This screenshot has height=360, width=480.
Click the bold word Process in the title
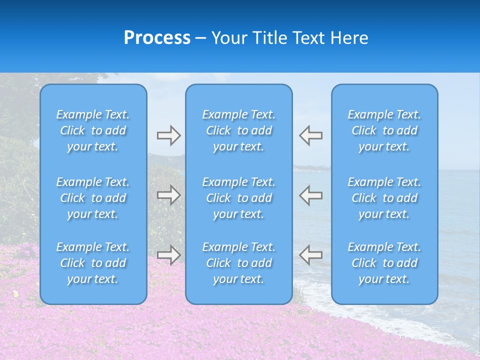157,38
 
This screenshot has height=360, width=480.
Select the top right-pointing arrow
169,135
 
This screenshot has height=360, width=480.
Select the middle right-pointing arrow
169,195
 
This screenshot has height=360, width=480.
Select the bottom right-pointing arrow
169,255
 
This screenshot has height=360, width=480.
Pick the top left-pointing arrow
310,135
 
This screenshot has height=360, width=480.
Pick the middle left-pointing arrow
310,195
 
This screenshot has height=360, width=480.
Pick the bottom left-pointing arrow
310,255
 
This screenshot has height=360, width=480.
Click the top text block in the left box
93,130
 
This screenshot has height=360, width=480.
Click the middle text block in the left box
93,198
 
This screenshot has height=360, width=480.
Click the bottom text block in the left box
93,263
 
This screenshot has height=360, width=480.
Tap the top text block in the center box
239,130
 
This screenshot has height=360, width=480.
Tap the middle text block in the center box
239,198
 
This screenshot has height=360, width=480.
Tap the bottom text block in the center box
239,263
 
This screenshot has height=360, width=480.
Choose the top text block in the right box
384,130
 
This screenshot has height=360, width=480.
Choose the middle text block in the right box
384,198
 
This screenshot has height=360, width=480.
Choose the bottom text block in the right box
384,263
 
